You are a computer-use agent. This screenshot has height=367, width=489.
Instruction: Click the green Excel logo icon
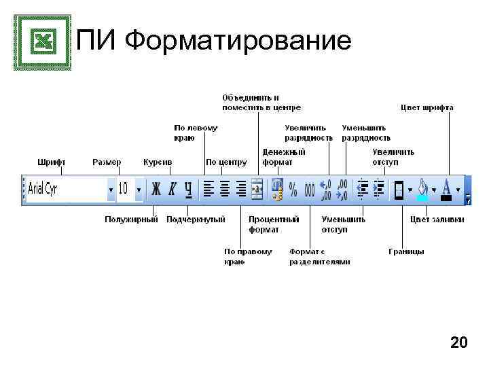tap(42, 42)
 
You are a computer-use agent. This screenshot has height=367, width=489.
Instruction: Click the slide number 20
tap(459, 343)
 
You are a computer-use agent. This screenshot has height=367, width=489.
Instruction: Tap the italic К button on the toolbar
tap(173, 190)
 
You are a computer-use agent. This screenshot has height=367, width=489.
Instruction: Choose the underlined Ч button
tap(189, 190)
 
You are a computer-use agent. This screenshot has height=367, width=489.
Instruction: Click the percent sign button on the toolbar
tap(293, 190)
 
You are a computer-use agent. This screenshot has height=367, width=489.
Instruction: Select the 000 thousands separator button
tap(310, 190)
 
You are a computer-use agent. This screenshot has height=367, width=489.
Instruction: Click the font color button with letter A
tap(446, 189)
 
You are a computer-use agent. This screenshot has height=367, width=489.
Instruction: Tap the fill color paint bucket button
tap(423, 189)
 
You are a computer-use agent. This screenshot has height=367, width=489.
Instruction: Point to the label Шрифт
tap(52, 162)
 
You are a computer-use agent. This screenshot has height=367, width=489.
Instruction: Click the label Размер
tap(107, 162)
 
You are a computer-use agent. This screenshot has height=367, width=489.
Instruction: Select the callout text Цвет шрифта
tap(427, 107)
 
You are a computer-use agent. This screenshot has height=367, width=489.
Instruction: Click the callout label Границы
tap(406, 251)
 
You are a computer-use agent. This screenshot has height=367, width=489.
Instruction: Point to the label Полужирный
tap(131, 220)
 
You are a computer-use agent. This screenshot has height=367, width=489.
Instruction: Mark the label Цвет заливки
tap(437, 220)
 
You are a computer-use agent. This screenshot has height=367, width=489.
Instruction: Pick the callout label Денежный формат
tap(284, 157)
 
